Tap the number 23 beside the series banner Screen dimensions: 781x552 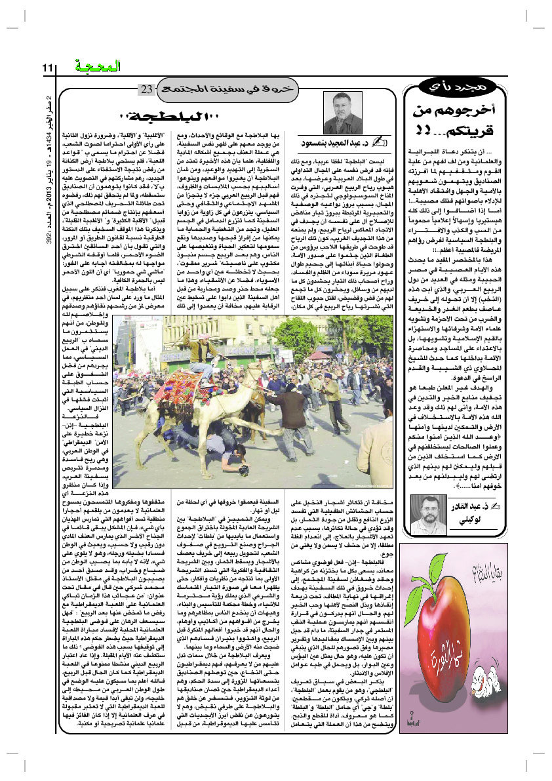(x=146, y=89)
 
